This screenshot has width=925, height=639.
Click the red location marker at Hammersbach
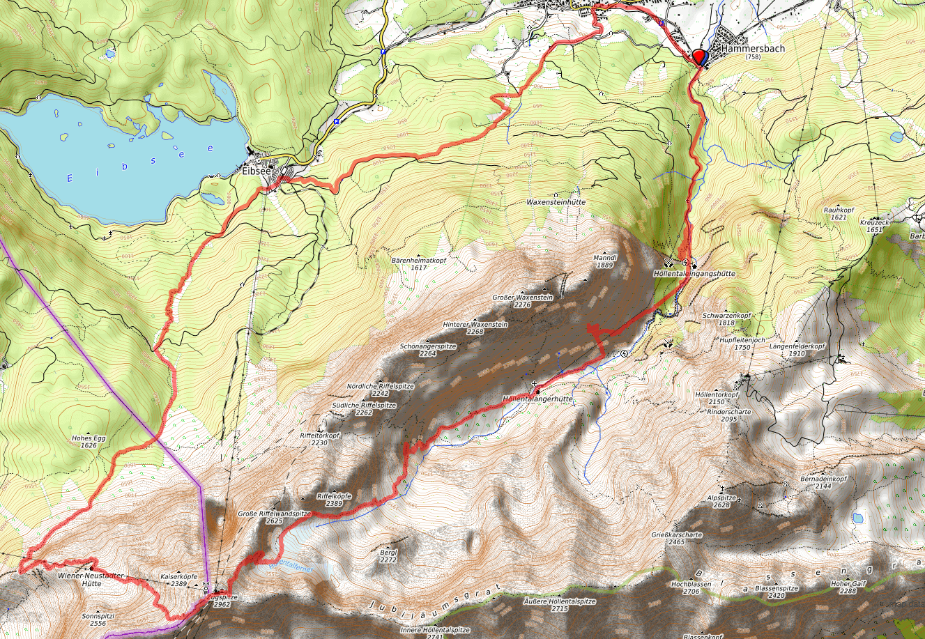coord(700,56)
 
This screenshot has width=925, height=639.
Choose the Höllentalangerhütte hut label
coord(537,399)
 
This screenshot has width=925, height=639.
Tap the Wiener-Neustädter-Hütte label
coord(91,580)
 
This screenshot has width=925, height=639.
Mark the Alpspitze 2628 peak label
coord(721,501)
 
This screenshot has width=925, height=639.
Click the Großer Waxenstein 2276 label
coord(522,301)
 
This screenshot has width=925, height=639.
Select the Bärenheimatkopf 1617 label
coord(418,263)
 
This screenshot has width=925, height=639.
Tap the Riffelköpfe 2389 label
coord(334,500)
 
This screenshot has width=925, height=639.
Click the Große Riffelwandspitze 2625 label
coord(274,516)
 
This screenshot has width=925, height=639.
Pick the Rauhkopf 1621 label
coord(838,213)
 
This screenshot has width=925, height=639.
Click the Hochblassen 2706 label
coord(691,587)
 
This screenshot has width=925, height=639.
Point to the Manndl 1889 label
coord(604,261)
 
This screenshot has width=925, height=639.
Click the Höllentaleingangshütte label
coord(694,274)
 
